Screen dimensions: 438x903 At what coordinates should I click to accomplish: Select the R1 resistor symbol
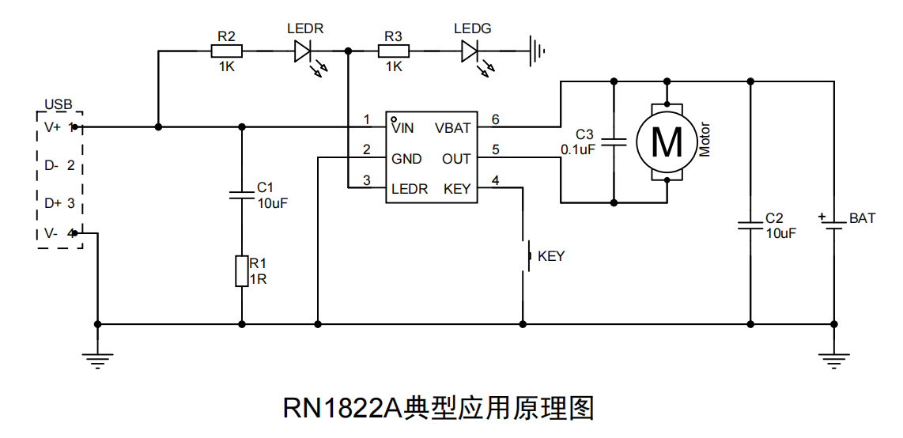click(x=242, y=270)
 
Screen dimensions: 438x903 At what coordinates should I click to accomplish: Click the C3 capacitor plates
click(x=614, y=143)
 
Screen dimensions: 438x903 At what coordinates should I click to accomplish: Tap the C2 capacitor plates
click(x=750, y=225)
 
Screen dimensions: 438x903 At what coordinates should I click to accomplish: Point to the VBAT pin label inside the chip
click(x=452, y=127)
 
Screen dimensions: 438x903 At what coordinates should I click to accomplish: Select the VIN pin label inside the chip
click(x=402, y=127)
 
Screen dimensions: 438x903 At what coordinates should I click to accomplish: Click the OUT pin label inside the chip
click(x=456, y=159)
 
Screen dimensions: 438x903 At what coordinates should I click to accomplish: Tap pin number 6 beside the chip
click(x=495, y=120)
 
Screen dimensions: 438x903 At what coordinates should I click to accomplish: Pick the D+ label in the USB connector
click(x=53, y=203)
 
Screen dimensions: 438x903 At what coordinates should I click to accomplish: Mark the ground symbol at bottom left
click(x=97, y=360)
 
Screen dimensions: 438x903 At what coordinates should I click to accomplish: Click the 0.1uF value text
click(x=577, y=149)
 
